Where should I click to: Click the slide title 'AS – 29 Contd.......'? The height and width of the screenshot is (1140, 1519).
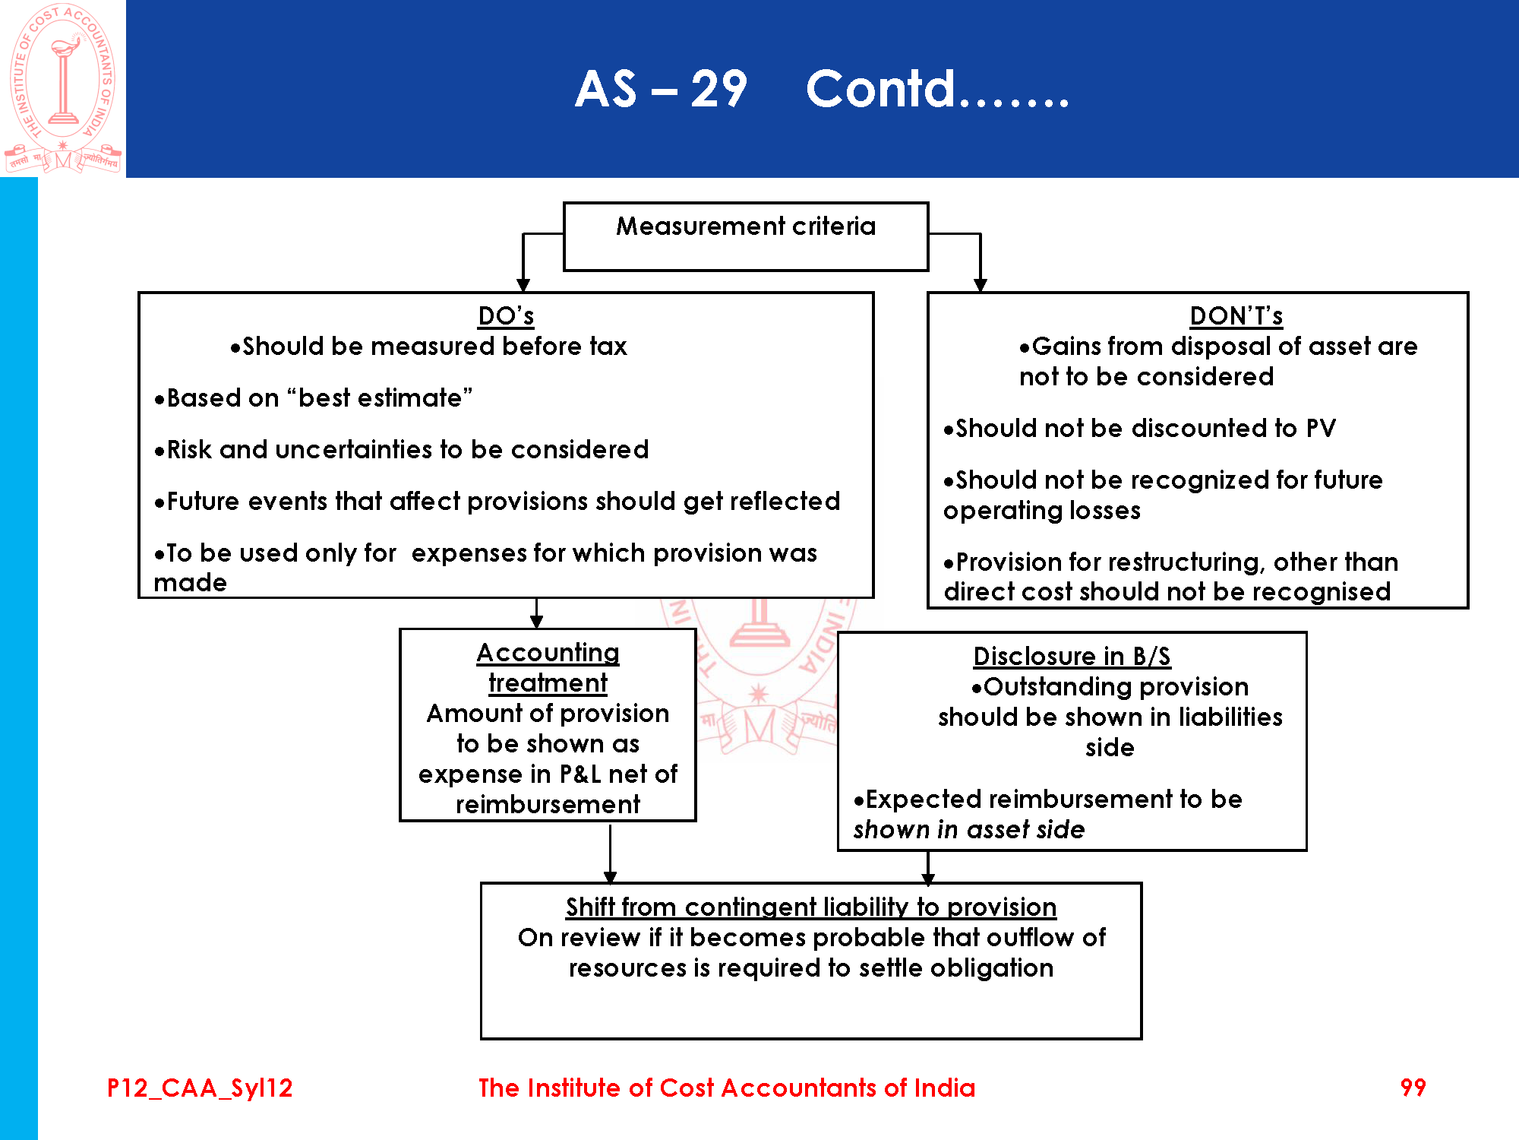[x=822, y=89]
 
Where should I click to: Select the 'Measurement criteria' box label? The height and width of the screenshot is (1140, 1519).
[x=745, y=226]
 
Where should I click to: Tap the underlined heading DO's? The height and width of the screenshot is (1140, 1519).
[x=506, y=315]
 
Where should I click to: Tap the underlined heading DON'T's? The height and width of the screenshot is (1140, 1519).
[x=1236, y=315]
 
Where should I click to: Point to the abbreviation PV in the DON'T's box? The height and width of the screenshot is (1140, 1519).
[x=1321, y=428]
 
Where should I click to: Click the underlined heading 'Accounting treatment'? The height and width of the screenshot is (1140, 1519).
[x=548, y=667]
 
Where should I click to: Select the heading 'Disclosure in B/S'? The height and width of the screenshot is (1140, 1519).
[x=1072, y=656]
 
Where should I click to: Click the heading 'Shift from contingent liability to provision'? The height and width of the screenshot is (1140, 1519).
[x=810, y=907]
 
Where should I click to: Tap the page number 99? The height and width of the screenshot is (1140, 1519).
[x=1413, y=1088]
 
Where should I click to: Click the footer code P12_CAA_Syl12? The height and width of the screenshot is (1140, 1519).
[x=200, y=1088]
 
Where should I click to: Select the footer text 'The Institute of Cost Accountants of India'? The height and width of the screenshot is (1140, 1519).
[x=726, y=1088]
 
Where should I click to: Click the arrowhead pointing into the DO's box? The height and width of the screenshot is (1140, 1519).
[x=523, y=285]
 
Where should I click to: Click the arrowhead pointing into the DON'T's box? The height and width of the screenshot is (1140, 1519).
[x=981, y=285]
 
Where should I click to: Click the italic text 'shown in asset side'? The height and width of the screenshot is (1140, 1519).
[x=969, y=829]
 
